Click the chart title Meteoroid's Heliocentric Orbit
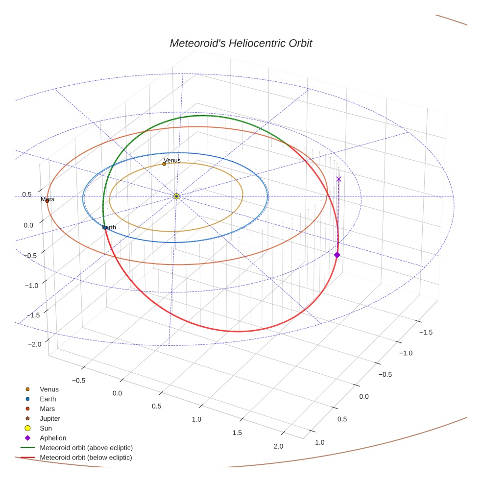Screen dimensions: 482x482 click(241, 44)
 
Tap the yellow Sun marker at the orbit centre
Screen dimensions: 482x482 click(176, 196)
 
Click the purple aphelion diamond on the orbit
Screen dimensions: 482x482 click(337, 255)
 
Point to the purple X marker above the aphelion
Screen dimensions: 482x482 click(338, 179)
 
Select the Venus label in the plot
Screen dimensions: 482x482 click(172, 160)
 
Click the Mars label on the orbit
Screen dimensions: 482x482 click(48, 199)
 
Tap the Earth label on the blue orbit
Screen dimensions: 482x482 click(109, 227)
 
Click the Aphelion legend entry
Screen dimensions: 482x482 click(53, 438)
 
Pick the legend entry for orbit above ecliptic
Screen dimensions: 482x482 click(86, 448)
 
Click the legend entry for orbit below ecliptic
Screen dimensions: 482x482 click(86, 458)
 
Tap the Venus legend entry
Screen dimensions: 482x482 click(49, 389)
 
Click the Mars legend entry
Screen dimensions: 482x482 click(47, 409)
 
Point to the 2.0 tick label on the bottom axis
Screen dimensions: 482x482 click(278, 446)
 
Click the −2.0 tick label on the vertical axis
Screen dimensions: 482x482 click(34, 344)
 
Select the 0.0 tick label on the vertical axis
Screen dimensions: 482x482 click(28, 225)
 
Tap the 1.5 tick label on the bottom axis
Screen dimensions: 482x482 click(237, 433)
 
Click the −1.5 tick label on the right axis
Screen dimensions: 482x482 click(425, 332)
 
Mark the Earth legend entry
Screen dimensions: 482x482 click(48, 399)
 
